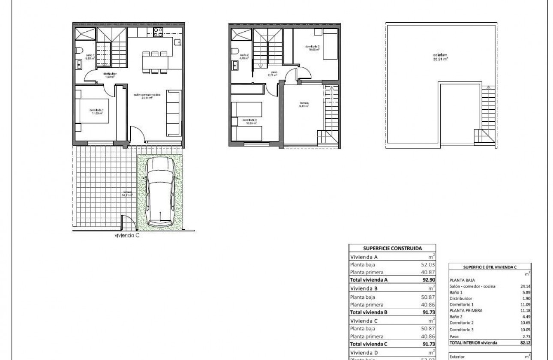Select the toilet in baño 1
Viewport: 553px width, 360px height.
[79, 51]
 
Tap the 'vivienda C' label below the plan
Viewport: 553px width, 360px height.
[127, 235]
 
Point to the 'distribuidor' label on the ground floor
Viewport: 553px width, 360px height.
[110, 74]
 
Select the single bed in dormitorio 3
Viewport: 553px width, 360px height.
[330, 45]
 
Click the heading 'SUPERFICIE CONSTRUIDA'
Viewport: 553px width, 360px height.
[392, 248]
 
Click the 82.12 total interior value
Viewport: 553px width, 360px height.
[526, 343]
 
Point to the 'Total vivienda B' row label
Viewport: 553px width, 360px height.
[369, 312]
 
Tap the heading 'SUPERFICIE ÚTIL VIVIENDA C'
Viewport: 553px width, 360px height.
[490, 267]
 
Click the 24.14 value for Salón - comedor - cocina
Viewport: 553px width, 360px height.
[526, 286]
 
